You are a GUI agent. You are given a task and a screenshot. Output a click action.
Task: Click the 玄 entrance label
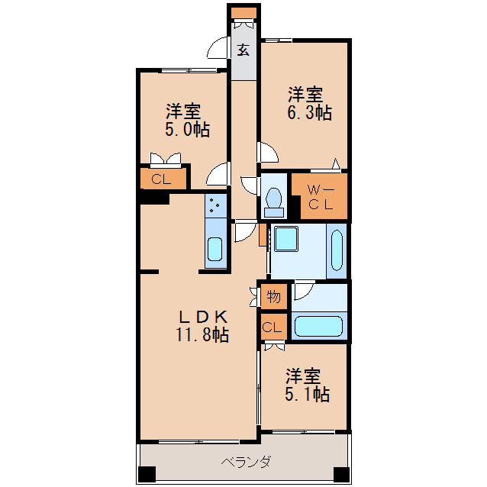coord(243,50)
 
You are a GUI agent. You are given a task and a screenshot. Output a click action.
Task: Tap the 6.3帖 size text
coord(310,113)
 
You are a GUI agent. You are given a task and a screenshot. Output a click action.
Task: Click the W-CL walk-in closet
coord(320,196)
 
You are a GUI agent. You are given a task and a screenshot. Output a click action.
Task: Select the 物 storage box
coord(273,296)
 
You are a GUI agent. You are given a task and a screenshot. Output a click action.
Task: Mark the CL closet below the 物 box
coord(273,328)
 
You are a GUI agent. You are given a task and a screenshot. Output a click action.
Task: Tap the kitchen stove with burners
coord(217,204)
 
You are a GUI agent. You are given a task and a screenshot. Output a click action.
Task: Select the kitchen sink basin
coord(216,249)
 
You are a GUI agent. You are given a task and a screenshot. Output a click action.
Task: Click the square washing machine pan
coord(288,239)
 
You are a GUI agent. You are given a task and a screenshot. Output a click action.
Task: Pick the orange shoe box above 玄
coord(244,12)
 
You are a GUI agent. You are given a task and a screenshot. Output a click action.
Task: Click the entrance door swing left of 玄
coord(220,48)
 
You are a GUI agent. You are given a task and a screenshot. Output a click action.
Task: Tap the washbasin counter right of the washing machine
coord(337,250)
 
